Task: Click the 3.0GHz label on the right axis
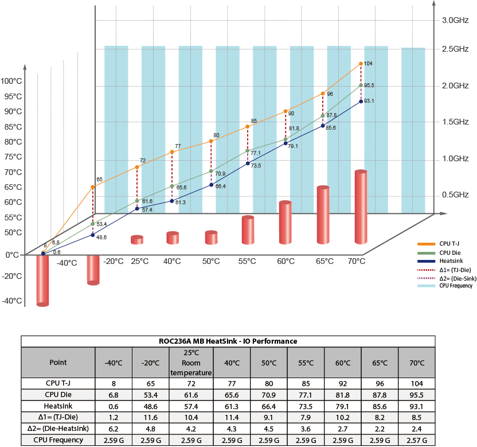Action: pyautogui.click(x=455, y=21)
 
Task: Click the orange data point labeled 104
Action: pyautogui.click(x=361, y=64)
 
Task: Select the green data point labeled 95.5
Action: pyautogui.click(x=361, y=85)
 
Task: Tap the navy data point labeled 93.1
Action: pyautogui.click(x=361, y=102)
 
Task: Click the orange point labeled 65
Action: pyautogui.click(x=92, y=187)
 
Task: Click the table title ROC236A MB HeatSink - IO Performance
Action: pyautogui.click(x=227, y=341)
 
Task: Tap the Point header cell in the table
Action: pyautogui.click(x=58, y=362)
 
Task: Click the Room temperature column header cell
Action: pyautogui.click(x=191, y=362)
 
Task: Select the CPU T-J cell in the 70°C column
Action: pyautogui.click(x=417, y=383)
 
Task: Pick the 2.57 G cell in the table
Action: pyautogui.click(x=417, y=440)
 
